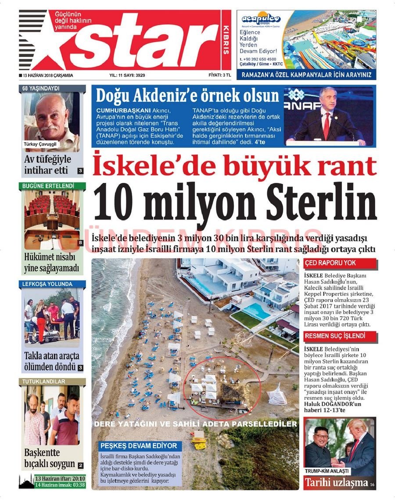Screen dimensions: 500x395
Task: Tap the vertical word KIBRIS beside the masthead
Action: point(226,41)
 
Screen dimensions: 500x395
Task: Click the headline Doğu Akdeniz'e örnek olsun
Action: point(187,96)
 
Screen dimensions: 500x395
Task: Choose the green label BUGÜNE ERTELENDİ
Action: point(48,186)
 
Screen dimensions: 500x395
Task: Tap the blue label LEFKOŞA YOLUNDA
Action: point(47,284)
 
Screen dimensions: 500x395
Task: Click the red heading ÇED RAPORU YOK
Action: point(330,263)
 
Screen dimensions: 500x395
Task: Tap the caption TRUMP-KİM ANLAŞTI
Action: point(327,471)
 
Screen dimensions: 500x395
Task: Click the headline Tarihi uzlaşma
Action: point(336,482)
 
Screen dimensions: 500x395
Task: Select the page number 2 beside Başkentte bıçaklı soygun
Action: point(80,465)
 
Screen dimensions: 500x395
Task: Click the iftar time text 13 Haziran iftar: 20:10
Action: point(60,478)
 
